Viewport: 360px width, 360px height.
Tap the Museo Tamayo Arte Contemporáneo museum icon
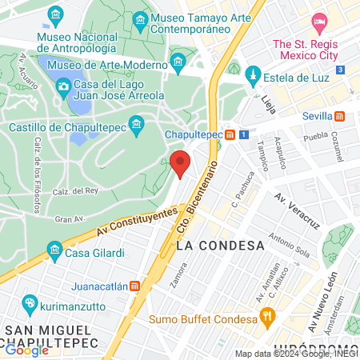[x=140, y=18]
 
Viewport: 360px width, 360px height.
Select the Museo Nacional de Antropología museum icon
[x=55, y=15]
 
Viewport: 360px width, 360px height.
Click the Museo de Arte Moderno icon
[x=178, y=60]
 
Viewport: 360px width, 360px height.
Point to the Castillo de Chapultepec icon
[x=136, y=123]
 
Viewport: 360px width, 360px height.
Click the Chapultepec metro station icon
[x=230, y=135]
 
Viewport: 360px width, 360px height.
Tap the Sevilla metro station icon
[x=341, y=116]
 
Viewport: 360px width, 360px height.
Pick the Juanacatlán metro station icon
[x=135, y=284]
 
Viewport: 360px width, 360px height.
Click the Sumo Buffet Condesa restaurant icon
[x=269, y=318]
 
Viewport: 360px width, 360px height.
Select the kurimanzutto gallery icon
[x=29, y=303]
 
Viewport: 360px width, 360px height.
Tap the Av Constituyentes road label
[x=136, y=222]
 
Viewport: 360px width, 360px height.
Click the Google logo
[x=26, y=350]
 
